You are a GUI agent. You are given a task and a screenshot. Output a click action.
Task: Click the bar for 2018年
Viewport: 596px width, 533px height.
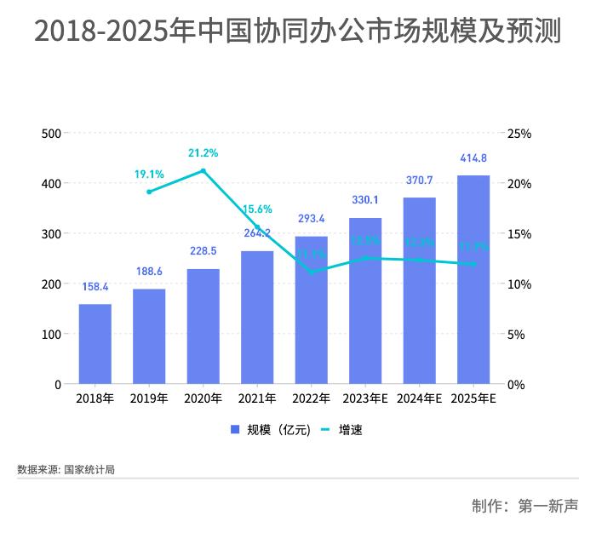click(x=95, y=344)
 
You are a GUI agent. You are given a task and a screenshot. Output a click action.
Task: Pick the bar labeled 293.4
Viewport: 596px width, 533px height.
click(x=312, y=310)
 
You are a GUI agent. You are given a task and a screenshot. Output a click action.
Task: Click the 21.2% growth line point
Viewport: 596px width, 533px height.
click(x=203, y=171)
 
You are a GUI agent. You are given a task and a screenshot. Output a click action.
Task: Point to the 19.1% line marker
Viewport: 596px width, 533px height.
click(x=149, y=192)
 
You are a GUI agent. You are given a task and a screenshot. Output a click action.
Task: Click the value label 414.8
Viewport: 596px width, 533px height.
click(x=473, y=158)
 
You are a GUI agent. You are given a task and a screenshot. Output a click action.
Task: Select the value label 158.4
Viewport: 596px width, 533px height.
click(x=95, y=287)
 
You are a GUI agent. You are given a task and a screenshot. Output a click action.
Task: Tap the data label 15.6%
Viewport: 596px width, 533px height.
click(x=257, y=209)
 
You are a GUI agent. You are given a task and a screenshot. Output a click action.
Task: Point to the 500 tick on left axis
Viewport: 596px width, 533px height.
click(x=51, y=134)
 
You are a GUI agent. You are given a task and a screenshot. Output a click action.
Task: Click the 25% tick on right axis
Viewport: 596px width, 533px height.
click(x=519, y=134)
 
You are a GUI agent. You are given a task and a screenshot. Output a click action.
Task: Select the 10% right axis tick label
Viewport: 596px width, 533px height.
click(x=519, y=284)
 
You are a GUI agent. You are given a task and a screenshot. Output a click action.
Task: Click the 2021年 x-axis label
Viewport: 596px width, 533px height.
click(x=257, y=398)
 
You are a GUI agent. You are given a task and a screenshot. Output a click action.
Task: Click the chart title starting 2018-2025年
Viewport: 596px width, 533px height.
click(x=297, y=32)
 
